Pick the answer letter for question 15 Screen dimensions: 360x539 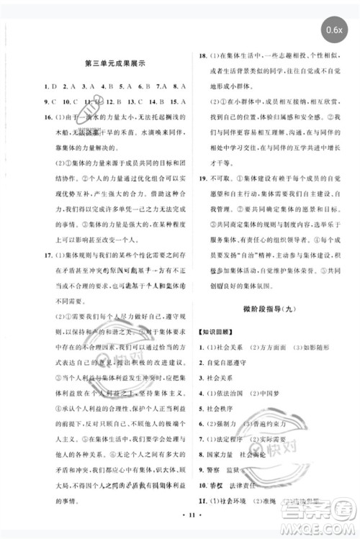183,101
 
